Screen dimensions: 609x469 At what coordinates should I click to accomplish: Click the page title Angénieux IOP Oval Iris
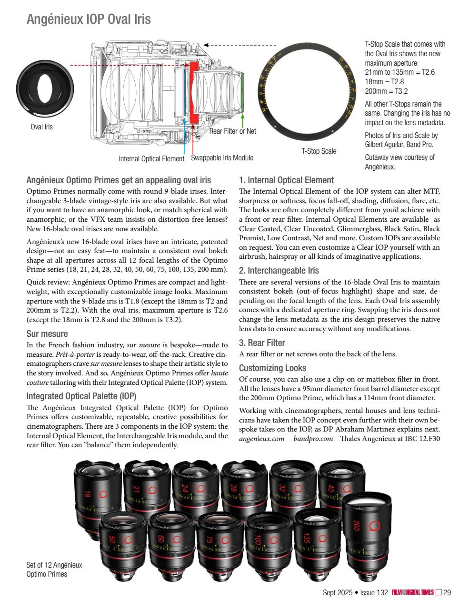(x=89, y=20)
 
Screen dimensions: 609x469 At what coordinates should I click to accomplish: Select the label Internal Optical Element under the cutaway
(x=151, y=158)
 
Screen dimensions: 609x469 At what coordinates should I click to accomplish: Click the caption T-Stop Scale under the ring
(x=319, y=151)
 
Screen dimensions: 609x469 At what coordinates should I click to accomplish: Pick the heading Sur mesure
(x=47, y=334)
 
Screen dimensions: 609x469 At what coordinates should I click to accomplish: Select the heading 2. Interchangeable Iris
(x=279, y=271)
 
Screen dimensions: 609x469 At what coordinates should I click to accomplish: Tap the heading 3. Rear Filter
(x=262, y=343)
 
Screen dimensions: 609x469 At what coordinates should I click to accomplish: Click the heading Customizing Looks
(x=272, y=368)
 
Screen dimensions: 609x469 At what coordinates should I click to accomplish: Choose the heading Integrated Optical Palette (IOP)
(x=81, y=396)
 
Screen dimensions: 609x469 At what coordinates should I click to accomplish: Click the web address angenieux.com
(x=261, y=438)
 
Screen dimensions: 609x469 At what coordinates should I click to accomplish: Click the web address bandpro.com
(x=313, y=438)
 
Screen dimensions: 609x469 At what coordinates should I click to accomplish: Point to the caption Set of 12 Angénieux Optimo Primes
(x=54, y=569)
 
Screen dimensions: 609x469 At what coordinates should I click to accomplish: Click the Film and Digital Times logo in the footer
(x=413, y=592)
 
